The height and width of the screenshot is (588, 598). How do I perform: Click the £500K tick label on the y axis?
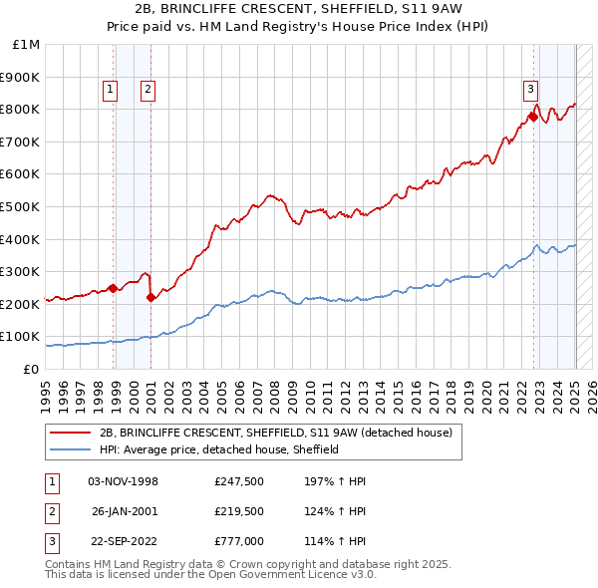tap(21, 206)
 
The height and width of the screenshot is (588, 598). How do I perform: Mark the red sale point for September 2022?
tap(533, 117)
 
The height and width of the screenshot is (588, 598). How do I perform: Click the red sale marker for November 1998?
tap(114, 289)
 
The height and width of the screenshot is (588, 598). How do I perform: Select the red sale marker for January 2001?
tap(150, 297)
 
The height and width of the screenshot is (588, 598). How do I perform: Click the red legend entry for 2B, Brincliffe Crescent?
tap(275, 433)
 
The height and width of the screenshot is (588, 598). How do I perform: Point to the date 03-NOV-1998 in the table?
tap(124, 481)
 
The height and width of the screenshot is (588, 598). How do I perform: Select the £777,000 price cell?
tap(239, 543)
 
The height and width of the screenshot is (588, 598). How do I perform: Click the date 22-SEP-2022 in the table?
tap(124, 543)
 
